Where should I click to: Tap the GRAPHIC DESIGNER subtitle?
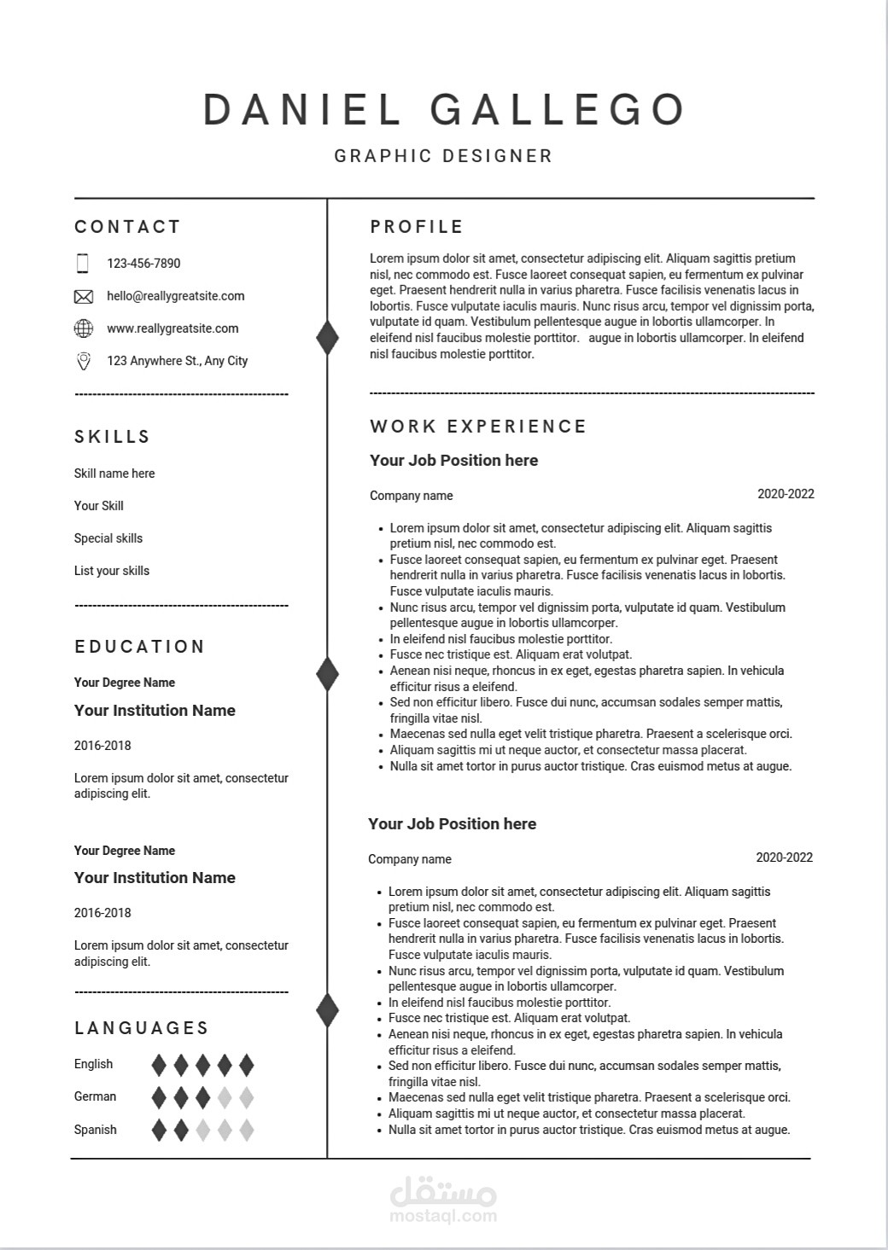tap(443, 156)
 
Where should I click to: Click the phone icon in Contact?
tap(83, 264)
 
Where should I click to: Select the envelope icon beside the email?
tap(84, 297)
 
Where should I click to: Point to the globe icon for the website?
tap(84, 328)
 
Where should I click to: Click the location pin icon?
tap(84, 361)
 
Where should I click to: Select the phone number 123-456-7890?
tap(143, 264)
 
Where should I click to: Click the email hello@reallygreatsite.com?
tap(175, 296)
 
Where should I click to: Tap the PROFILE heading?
tap(417, 227)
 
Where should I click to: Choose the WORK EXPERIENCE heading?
tap(478, 427)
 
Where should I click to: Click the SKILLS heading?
tap(113, 437)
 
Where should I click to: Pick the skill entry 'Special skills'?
tap(108, 538)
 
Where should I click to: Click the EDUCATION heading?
tap(140, 647)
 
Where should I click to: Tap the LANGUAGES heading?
tap(142, 1028)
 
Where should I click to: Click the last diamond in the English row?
tap(246, 1065)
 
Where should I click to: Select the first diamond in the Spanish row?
tap(159, 1131)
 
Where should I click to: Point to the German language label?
tap(95, 1096)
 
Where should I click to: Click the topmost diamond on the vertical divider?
tap(327, 338)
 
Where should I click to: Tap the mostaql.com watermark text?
tap(443, 1216)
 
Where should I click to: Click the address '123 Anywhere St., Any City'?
tap(177, 361)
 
